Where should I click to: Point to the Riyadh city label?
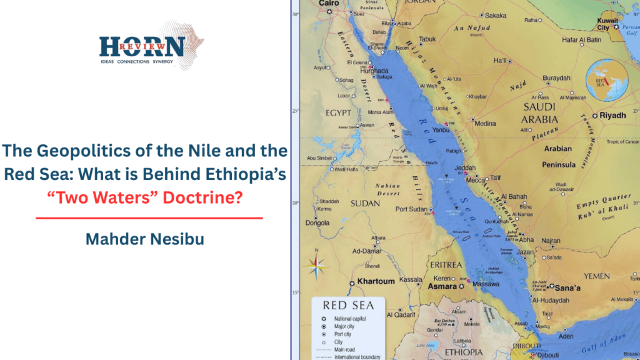click(612, 116)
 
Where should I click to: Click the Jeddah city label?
click(466, 169)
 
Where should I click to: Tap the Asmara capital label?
click(443, 286)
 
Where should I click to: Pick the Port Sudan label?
click(410, 209)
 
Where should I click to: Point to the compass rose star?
click(317, 268)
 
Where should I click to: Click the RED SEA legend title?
click(348, 306)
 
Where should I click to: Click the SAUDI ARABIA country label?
click(540, 113)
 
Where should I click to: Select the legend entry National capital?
click(351, 319)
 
